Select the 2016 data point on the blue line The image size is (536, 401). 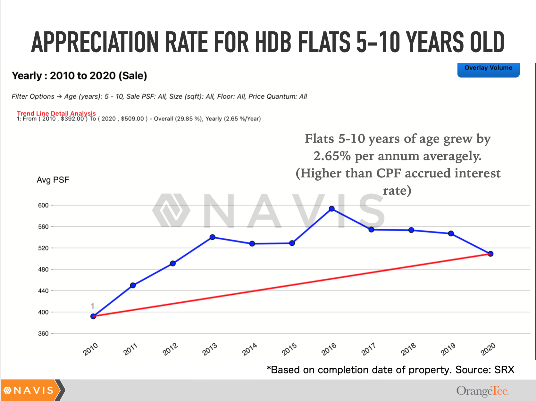point(332,209)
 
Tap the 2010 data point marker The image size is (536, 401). point(93,316)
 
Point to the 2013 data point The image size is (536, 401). point(213,237)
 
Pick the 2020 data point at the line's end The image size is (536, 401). point(490,254)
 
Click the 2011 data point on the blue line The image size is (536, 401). point(133,285)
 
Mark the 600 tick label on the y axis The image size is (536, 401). point(43,205)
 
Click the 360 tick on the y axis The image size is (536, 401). point(43,333)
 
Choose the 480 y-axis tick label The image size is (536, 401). point(43,269)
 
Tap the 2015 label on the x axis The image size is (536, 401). point(289,349)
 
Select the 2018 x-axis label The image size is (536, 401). point(408,349)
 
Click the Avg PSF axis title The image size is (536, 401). point(53,180)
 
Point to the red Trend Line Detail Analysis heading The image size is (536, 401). point(56,113)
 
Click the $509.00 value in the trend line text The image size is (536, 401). point(132,119)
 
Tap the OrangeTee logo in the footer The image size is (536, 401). point(482,391)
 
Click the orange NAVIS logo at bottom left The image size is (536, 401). point(30,390)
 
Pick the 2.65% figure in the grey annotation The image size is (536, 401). point(332,156)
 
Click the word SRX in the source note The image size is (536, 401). point(504,370)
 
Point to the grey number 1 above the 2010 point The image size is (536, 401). point(92,306)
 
